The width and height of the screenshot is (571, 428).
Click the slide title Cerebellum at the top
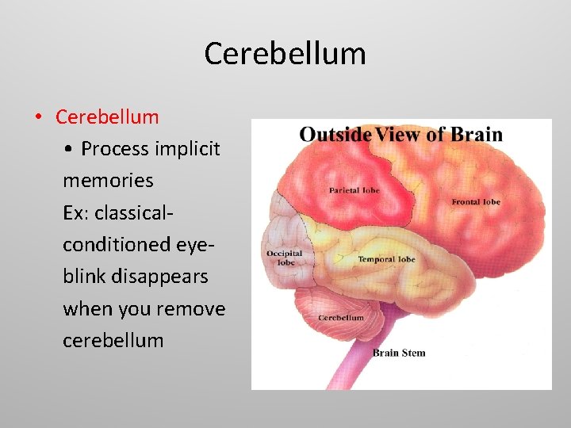[285, 54]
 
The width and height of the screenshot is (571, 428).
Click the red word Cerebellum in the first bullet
[107, 117]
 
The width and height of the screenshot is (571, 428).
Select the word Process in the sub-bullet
[114, 149]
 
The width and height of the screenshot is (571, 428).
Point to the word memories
[108, 181]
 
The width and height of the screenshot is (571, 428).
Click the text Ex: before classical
[77, 213]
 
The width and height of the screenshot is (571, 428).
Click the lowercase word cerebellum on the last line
[113, 341]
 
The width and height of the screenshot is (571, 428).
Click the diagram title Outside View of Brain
[400, 134]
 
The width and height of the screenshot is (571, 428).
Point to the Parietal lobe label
[354, 190]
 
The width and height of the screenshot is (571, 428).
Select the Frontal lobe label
[476, 202]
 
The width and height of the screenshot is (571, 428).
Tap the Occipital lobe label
[284, 258]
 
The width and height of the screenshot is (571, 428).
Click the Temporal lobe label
[386, 259]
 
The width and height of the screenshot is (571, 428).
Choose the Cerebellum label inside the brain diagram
[340, 318]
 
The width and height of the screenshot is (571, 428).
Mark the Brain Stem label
[399, 353]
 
